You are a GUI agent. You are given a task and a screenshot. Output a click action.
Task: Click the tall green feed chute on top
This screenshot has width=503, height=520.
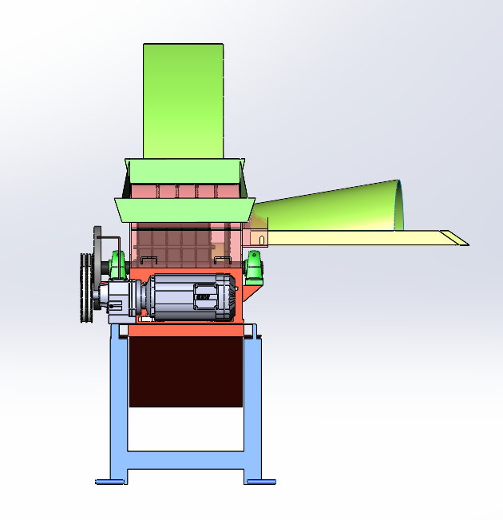coord(183,100)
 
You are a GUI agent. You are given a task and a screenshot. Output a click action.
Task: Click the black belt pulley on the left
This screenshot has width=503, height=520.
coord(85,288)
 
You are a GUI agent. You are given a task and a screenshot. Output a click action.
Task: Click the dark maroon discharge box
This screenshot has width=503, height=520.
coord(186,371)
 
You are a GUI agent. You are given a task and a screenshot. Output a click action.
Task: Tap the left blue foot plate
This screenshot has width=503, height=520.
coord(110,482)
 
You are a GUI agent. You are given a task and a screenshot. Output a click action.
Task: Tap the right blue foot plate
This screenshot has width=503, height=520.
coord(260,482)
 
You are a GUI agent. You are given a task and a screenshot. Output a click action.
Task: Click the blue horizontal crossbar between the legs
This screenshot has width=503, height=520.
coord(186,461)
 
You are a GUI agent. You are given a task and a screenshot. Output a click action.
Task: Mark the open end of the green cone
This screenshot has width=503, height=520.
coord(399,205)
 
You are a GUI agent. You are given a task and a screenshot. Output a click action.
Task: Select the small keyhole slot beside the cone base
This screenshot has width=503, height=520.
coord(263,238)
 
